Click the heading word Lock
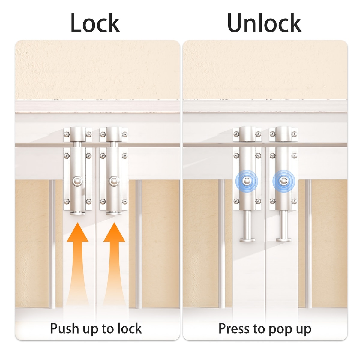coord(95,23)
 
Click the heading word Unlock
coord(264,23)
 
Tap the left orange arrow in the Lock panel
coord(77,265)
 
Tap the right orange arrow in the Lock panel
coord(114,265)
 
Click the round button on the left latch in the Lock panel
coord(77,181)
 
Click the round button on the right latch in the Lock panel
coord(114,181)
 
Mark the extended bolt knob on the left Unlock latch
coord(247,240)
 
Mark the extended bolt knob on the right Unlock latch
coord(284,240)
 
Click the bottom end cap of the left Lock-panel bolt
coord(77,213)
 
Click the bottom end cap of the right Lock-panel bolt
coord(114,213)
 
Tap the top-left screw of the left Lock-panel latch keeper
coord(67,134)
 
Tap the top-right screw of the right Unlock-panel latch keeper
coord(294,134)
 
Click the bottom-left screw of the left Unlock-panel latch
coord(236,201)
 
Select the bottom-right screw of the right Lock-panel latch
coord(124,202)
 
